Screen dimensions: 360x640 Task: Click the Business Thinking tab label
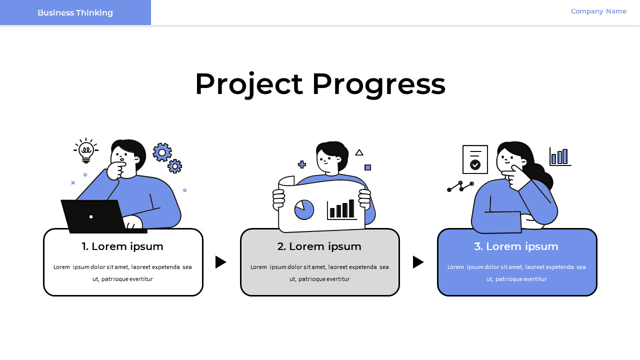[75, 12]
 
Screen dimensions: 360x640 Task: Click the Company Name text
[598, 11]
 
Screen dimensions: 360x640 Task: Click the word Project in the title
[248, 84]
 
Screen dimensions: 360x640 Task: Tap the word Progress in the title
[378, 84]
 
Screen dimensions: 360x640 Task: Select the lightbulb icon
[86, 151]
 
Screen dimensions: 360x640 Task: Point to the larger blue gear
[162, 152]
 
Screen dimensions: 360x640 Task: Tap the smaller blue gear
[174, 166]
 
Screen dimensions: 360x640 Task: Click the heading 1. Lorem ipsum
[122, 246]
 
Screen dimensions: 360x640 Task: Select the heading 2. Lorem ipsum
[319, 246]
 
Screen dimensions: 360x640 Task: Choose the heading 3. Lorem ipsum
[516, 246]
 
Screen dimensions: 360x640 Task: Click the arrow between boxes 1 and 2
[220, 262]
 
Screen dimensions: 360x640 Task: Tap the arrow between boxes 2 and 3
[418, 262]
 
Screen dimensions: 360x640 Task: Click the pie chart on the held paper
[304, 209]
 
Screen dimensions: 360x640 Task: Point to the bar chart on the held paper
[342, 209]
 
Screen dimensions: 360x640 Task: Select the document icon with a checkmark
[475, 159]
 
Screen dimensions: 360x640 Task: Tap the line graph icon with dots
[460, 186]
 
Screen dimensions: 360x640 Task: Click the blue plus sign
[302, 164]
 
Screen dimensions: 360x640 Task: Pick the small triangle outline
[359, 152]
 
